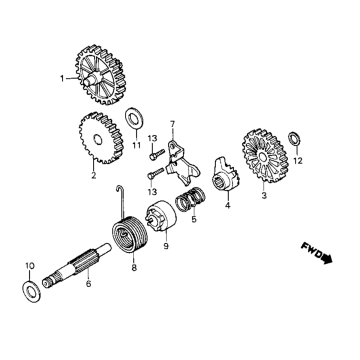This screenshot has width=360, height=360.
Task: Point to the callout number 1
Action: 62,78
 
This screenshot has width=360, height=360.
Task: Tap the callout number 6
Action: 88,285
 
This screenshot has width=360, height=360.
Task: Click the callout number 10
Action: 29,266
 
